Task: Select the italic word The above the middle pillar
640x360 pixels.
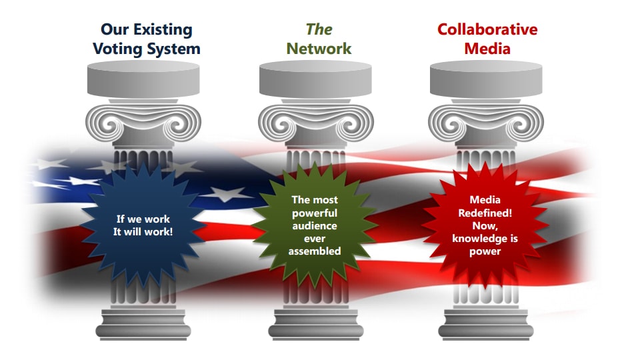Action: [319, 29]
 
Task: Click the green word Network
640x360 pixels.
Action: [319, 49]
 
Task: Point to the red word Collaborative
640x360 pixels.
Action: [487, 29]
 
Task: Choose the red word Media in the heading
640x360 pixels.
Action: [487, 49]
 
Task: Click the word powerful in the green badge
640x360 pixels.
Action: [315, 213]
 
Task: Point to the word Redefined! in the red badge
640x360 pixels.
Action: [485, 213]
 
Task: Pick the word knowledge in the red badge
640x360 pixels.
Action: [485, 238]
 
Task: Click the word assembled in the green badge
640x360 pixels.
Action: [315, 251]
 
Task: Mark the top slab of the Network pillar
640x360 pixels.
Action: [315, 77]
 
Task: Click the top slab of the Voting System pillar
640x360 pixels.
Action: [143, 77]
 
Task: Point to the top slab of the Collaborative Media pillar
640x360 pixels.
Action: [486, 77]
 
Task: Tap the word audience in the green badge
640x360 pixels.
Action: [315, 225]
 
